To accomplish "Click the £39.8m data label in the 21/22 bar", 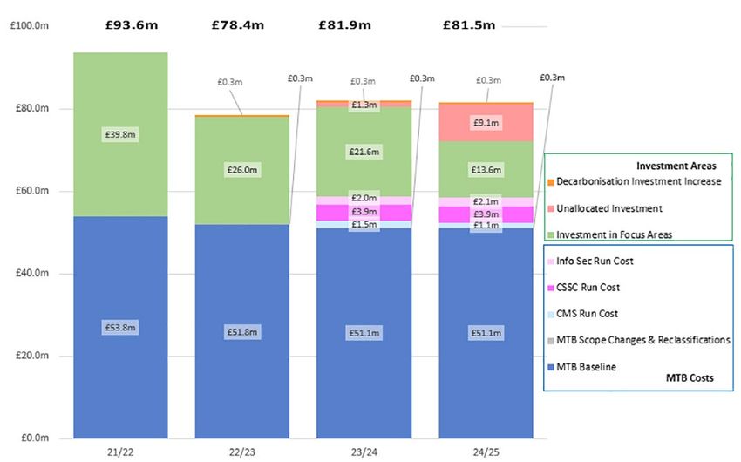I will (120, 135).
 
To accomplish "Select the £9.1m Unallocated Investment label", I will (486, 124).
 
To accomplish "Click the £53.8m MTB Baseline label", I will (120, 327).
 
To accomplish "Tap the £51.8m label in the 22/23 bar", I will (242, 331).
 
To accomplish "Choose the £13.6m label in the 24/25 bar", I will (486, 169).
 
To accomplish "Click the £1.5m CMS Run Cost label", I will (364, 224).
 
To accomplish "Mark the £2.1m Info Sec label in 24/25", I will (486, 202).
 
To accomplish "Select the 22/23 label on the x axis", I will (242, 450).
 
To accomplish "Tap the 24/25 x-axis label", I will (486, 450).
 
